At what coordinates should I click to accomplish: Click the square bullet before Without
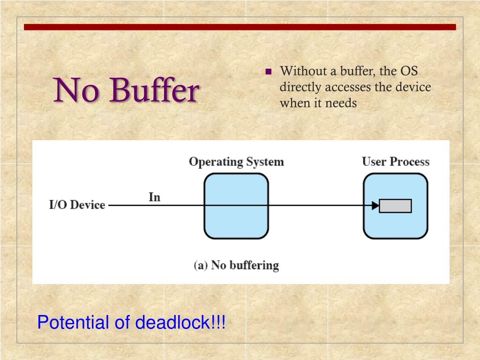pos(269,72)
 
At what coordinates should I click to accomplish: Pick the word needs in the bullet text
pos(341,103)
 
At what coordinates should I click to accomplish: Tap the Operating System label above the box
pos(236,162)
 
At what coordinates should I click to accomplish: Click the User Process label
pos(395,162)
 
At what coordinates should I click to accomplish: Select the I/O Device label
pos(77,205)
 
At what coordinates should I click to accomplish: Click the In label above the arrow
pos(154,197)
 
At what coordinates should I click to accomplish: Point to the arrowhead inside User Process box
pos(375,205)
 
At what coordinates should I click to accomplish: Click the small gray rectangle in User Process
pos(395,206)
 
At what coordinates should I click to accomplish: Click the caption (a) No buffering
pos(236,265)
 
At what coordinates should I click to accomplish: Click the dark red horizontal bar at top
pos(240,27)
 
